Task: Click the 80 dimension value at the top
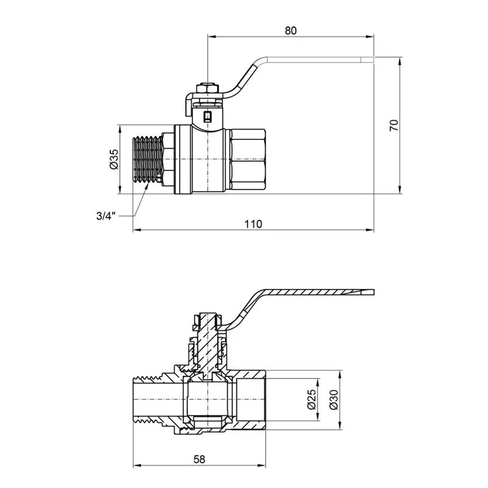291,31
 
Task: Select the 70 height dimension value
395,125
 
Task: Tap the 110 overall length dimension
253,224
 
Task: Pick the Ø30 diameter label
333,399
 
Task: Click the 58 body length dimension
200,459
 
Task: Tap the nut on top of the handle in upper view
208,88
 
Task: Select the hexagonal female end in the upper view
247,160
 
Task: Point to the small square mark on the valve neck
208,115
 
